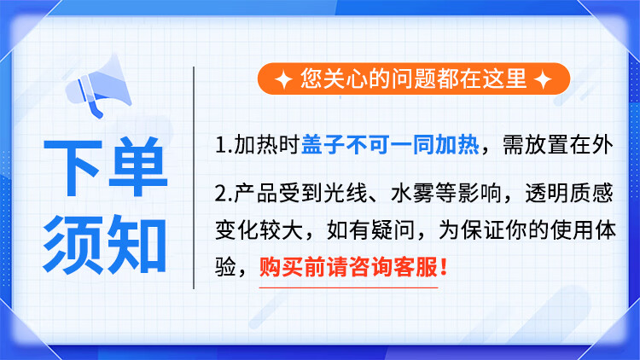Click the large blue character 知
[137, 244]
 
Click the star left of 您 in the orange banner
[283, 79]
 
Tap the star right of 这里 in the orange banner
[544, 79]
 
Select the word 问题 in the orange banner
[414, 78]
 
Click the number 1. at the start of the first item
[224, 145]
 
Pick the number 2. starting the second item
[224, 194]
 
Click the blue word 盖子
[323, 144]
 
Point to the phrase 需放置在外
[557, 145]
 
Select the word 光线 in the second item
[346, 193]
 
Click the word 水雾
[413, 193]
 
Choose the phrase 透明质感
[568, 193]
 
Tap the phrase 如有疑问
[370, 230]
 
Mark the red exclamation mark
[444, 266]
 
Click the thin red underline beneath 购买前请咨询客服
[348, 287]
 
